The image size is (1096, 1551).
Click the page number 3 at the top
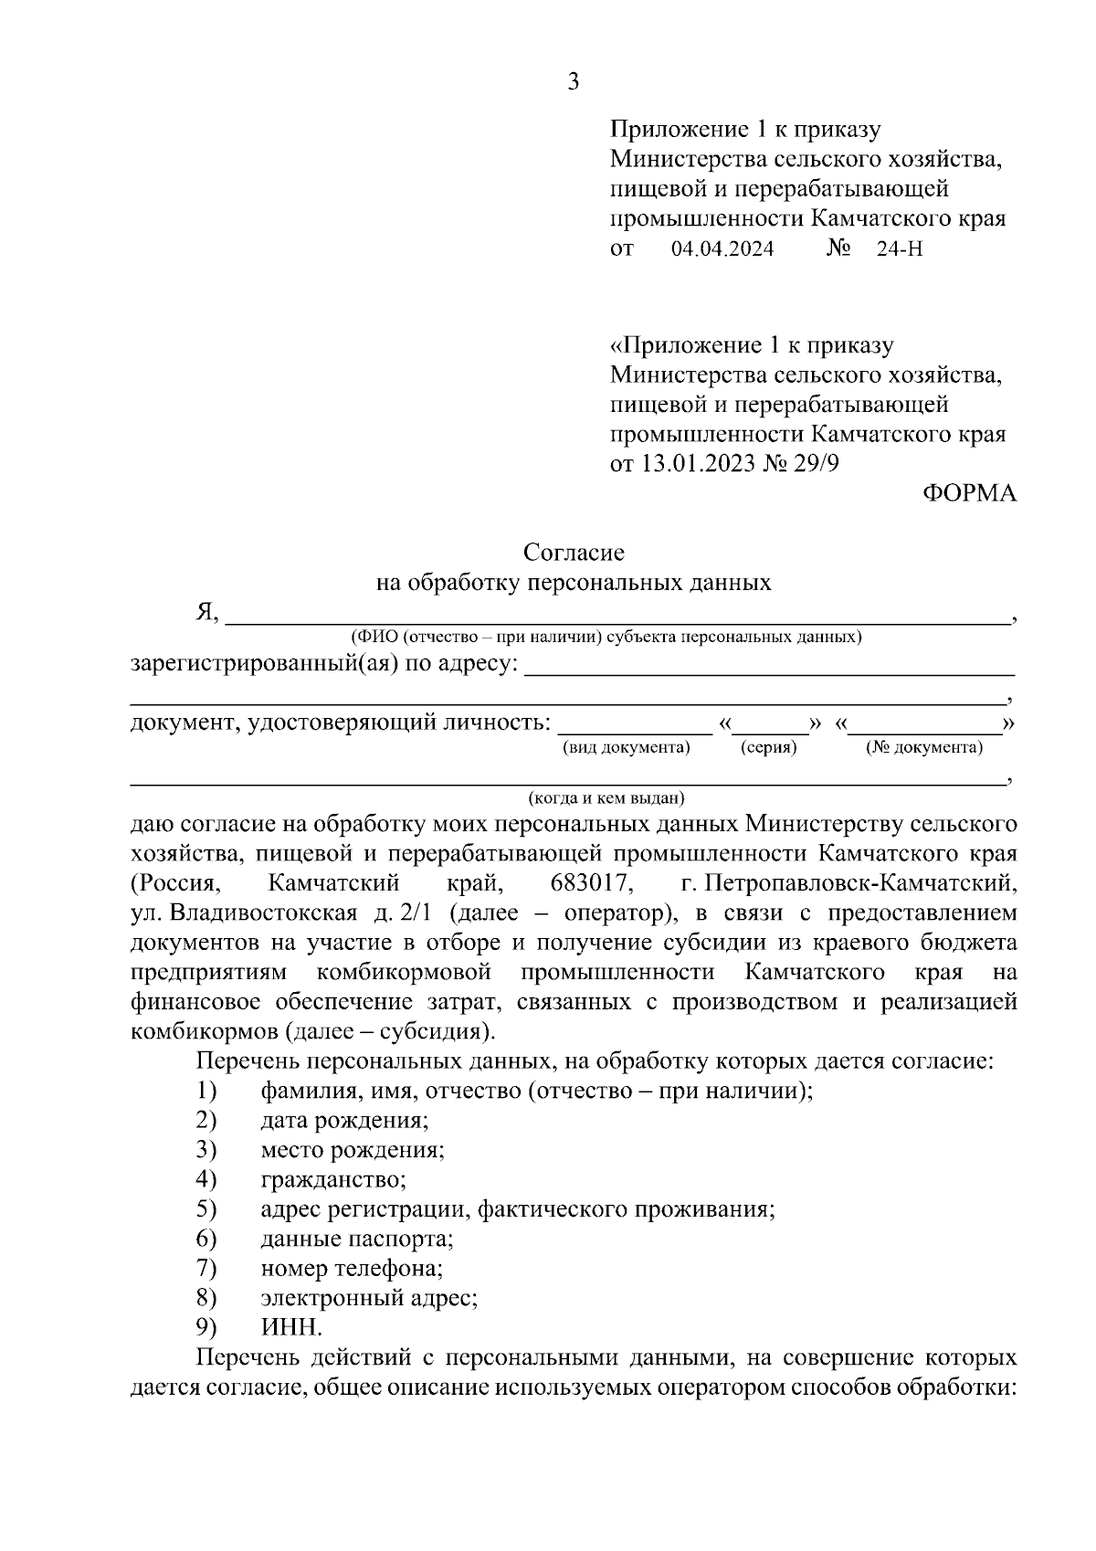573,82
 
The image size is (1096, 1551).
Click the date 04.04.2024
722,248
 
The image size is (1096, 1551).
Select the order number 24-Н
900,248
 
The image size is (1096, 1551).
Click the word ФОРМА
968,493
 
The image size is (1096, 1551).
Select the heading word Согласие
574,553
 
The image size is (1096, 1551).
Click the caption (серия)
768,747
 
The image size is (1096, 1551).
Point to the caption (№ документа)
924,747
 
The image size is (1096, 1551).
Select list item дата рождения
344,1120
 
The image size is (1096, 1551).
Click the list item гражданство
333,1179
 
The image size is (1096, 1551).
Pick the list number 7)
205,1268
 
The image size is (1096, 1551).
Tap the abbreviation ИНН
290,1327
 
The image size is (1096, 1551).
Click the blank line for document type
635,729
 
